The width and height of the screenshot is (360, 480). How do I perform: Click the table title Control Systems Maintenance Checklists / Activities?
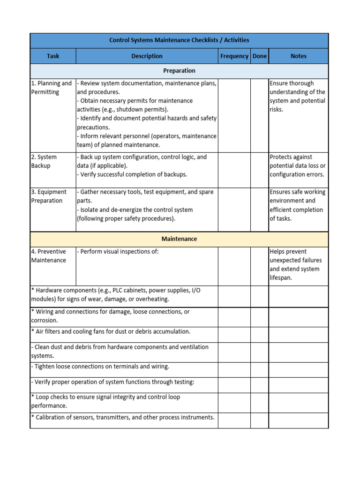coord(179,40)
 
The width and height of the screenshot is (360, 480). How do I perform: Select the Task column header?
coord(53,56)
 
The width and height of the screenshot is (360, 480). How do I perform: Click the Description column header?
coord(147,56)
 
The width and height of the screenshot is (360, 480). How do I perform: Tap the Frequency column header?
coord(234,56)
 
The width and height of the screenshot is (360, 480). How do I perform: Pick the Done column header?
coord(259,56)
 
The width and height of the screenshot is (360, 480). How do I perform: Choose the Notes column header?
coord(298,56)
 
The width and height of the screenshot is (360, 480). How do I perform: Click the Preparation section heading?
coord(179,71)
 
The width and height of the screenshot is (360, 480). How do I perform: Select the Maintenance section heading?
coord(179,239)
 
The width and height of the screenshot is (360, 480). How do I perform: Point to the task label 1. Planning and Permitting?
coord(51,88)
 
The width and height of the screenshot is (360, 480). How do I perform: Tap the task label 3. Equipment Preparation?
coord(49,196)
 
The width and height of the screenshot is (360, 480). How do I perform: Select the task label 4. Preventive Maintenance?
coord(49,256)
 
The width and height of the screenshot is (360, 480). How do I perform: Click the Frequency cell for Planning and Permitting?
coord(234,115)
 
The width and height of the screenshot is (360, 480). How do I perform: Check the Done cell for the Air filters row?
coord(259,335)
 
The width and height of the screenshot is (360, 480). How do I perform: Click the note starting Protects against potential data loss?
coord(297,166)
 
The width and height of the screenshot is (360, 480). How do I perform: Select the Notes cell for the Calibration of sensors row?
coord(298,420)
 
